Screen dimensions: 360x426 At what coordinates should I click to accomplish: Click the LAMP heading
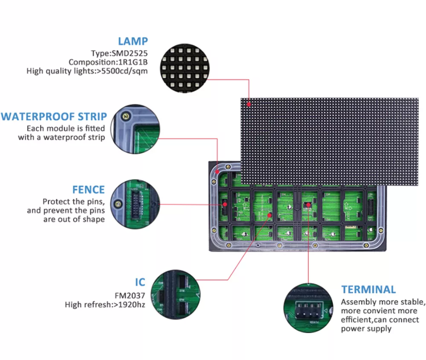[133, 41]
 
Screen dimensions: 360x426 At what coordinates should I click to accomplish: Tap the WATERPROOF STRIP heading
[54, 116]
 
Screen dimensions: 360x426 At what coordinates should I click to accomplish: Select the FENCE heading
[89, 189]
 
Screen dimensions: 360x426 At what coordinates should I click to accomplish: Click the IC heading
[139, 282]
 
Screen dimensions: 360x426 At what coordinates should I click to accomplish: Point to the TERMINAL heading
[368, 289]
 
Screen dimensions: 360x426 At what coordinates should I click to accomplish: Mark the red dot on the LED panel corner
[248, 103]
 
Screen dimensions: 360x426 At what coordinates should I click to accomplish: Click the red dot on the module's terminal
[309, 205]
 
